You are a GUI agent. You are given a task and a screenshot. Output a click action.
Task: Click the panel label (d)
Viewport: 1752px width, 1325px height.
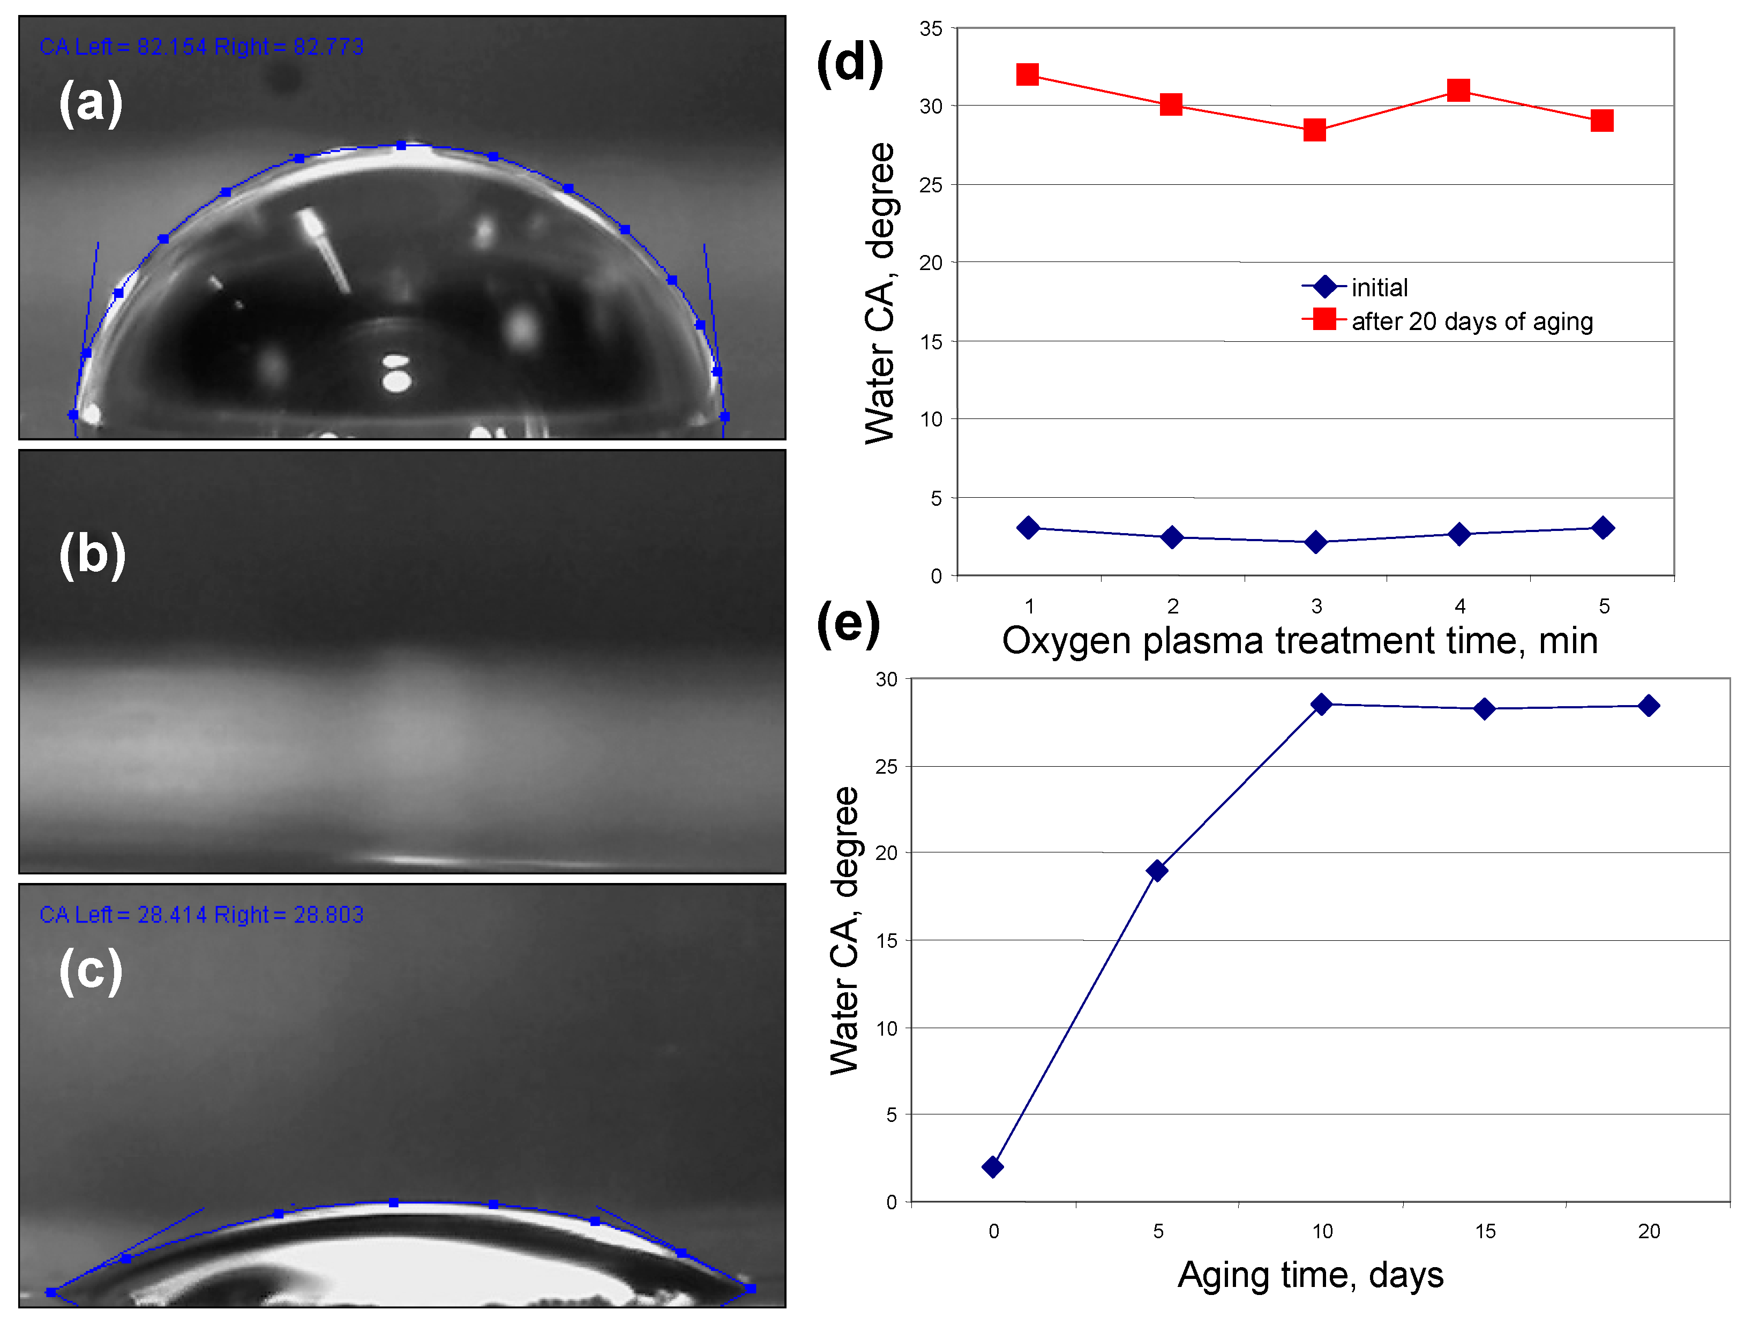(x=849, y=63)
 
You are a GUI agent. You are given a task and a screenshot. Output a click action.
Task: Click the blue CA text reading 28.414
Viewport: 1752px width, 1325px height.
(x=171, y=915)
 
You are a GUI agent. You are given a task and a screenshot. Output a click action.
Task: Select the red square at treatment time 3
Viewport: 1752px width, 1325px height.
(x=1315, y=130)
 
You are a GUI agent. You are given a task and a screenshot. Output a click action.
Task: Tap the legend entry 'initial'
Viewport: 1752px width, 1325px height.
(x=1379, y=288)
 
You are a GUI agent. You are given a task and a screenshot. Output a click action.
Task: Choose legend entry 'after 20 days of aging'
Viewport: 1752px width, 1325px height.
(x=1472, y=321)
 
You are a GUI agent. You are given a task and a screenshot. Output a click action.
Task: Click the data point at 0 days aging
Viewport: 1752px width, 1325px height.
(x=992, y=1166)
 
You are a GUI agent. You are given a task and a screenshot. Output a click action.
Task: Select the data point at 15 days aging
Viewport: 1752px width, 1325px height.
(x=1485, y=709)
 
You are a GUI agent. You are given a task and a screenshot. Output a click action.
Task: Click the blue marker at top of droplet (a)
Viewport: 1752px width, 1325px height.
(x=401, y=146)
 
